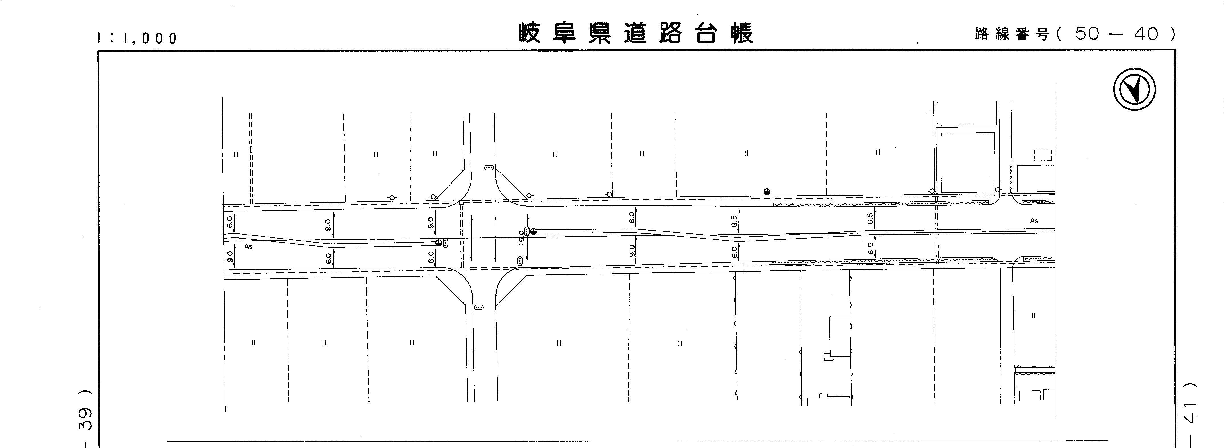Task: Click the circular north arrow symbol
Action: click(x=1135, y=89)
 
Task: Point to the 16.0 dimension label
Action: click(x=521, y=236)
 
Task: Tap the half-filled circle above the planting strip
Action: click(x=766, y=192)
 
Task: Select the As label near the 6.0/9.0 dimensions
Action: click(x=248, y=246)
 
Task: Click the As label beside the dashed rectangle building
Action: click(x=1034, y=221)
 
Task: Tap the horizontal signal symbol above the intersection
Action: click(x=489, y=167)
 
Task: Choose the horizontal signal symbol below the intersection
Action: click(x=479, y=307)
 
